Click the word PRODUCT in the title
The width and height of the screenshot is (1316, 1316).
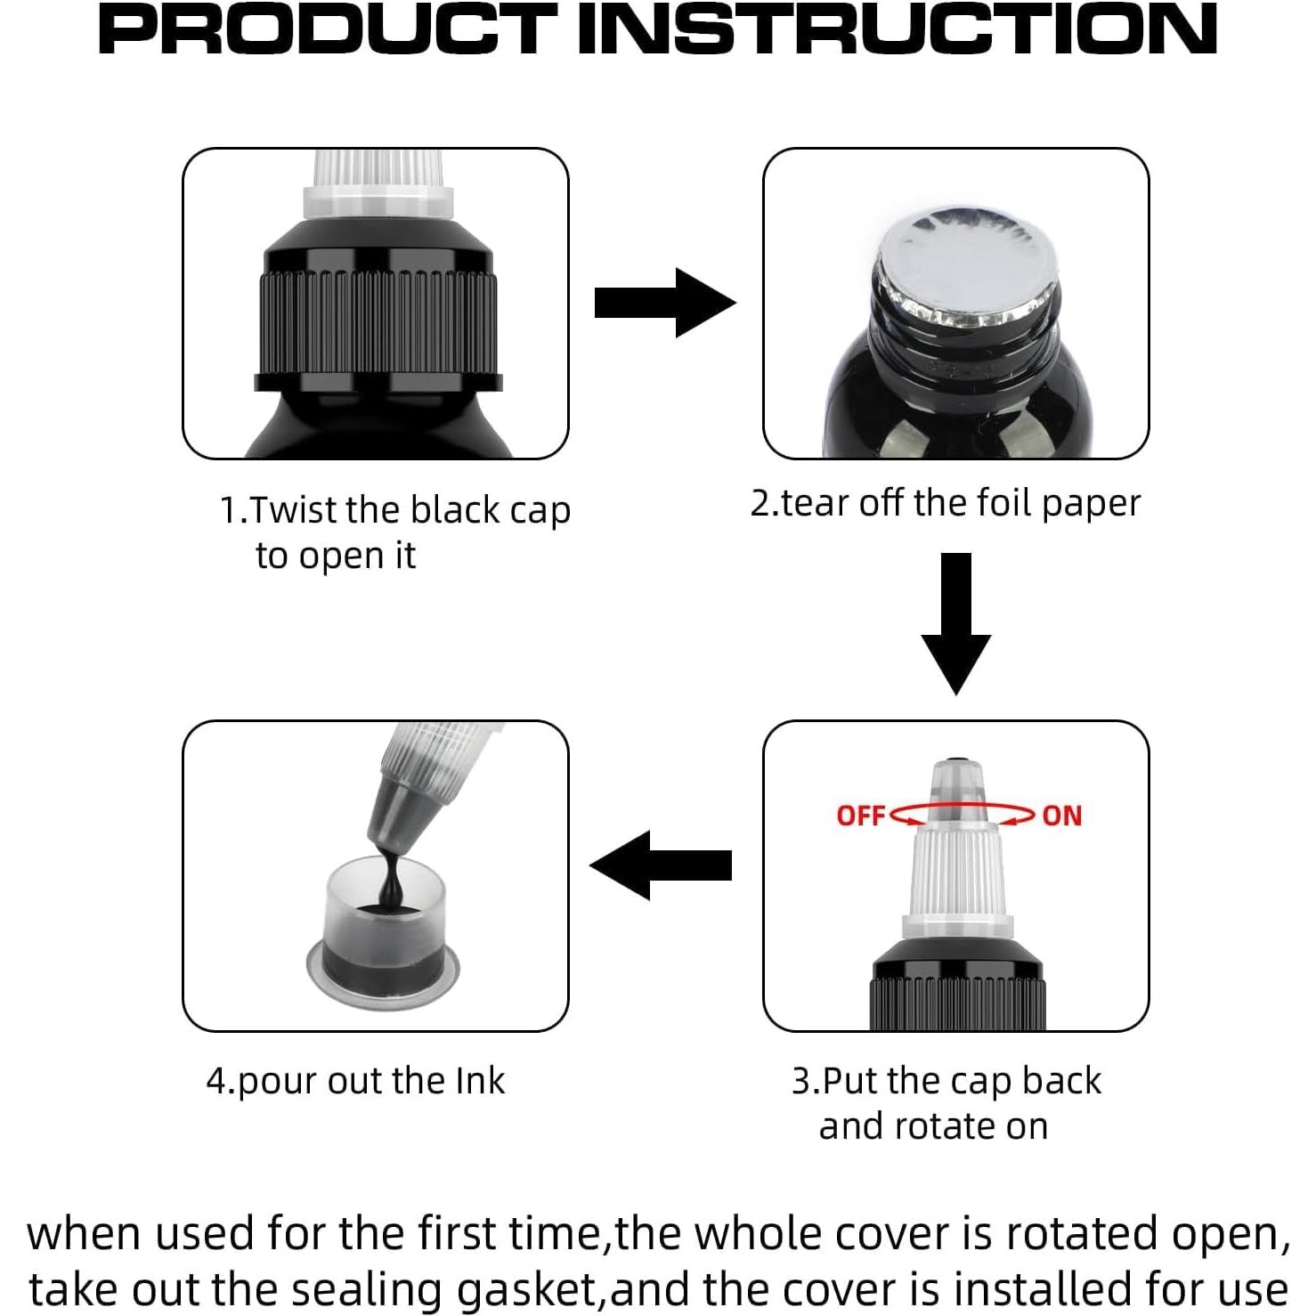coord(327,28)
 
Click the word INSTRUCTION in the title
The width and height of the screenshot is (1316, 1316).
coord(898,28)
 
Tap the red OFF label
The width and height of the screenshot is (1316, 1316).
coord(860,815)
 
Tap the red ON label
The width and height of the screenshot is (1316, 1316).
coord(1061,815)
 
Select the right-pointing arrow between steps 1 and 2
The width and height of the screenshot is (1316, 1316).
coord(664,303)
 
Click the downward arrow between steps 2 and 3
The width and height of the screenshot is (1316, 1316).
coord(956,623)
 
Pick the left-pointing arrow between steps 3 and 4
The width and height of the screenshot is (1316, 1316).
coord(661,865)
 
